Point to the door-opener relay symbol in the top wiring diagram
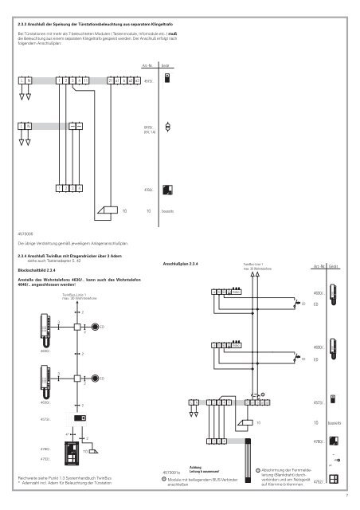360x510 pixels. (106, 210)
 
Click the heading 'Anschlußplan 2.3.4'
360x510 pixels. (185, 264)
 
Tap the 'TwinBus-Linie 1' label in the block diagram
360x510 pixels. (77, 294)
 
